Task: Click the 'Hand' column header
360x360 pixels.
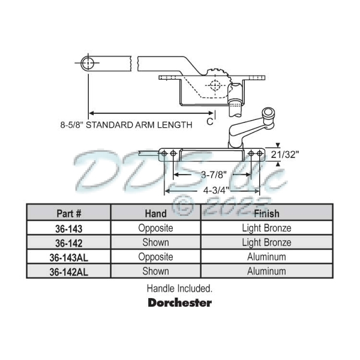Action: (x=156, y=214)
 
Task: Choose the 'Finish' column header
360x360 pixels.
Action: (x=266, y=214)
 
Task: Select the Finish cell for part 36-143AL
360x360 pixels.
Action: (x=266, y=257)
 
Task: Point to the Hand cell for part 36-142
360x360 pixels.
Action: (x=156, y=243)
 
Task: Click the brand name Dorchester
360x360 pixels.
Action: (x=179, y=302)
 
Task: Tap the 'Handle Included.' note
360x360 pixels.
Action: (x=179, y=288)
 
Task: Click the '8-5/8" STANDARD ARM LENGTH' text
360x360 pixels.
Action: (x=126, y=125)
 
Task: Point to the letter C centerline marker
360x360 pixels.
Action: (x=209, y=122)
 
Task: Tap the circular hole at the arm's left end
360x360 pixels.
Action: (x=88, y=62)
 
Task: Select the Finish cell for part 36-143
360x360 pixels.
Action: (x=266, y=229)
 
